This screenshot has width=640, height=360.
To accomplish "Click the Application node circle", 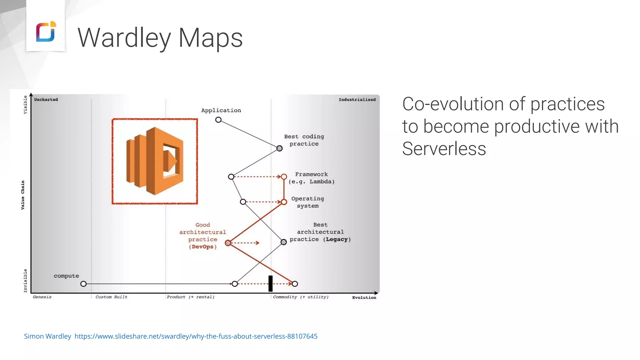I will point(218,120).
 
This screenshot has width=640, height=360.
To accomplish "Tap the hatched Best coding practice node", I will point(279,148).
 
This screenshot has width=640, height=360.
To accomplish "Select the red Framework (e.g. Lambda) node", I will point(284,177).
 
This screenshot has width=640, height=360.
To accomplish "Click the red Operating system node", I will point(284,202).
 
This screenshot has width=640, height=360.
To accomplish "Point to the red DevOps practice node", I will point(228,243).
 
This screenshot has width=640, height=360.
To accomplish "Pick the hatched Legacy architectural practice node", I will point(283,242).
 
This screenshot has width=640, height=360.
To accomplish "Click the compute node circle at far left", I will point(83,284).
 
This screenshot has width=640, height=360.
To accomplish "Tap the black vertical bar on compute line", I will point(271,283).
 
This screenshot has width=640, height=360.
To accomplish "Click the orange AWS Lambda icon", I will point(155,161).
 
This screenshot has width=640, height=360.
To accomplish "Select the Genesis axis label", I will point(42,297).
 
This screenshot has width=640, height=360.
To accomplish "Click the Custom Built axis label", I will point(112,297).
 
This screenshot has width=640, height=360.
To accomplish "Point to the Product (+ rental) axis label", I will point(191,297).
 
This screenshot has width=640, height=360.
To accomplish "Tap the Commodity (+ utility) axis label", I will point(301,297).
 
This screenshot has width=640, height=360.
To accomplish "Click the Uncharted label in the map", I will point(46,100).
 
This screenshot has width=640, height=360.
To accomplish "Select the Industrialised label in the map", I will point(357,100).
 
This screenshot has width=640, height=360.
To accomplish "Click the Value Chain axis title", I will point(23,195).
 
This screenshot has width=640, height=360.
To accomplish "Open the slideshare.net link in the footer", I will point(196,336).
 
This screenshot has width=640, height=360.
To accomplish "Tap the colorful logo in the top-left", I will point(46,32).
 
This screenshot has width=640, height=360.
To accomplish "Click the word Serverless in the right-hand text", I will point(444,148).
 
